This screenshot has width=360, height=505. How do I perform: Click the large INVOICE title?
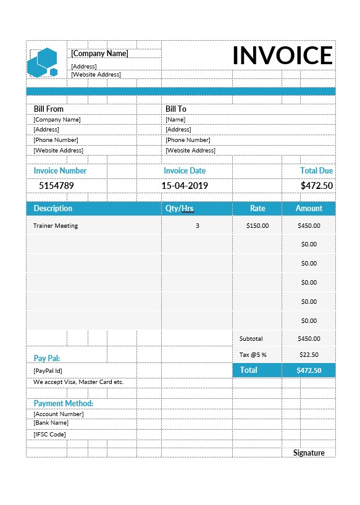[282, 56]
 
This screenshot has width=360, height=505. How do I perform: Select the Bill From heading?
[48, 109]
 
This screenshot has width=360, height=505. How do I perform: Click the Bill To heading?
[175, 109]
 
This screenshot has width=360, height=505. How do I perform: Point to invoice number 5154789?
[56, 185]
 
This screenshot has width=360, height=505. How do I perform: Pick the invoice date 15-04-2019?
[185, 185]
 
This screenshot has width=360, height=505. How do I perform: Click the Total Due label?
[316, 170]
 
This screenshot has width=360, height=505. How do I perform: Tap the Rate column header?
[257, 208]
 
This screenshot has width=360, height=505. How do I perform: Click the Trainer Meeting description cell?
[56, 225]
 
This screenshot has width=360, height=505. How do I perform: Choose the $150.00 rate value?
[257, 225]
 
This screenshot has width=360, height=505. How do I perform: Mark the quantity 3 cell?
[198, 225]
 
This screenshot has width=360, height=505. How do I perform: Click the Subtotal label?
[251, 338]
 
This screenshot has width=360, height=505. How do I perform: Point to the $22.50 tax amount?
[309, 354]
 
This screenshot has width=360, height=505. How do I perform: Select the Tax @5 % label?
[253, 354]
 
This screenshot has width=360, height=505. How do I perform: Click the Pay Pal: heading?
[47, 358]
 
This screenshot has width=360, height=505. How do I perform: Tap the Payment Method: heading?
[64, 403]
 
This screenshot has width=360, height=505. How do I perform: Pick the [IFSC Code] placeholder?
[49, 434]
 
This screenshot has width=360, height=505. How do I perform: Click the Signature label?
[309, 453]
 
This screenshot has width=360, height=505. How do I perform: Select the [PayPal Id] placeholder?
[48, 370]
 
